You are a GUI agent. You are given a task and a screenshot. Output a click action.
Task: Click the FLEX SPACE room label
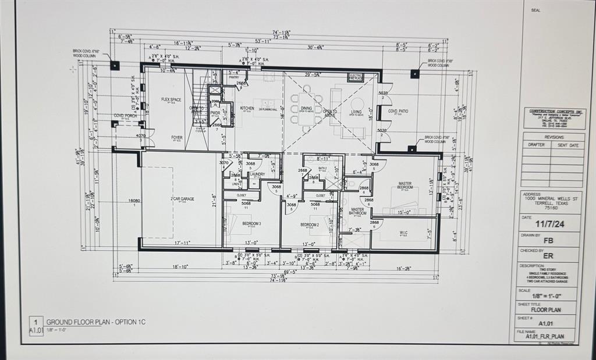click(x=171, y=99)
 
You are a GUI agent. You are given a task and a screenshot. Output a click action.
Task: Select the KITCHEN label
click(x=247, y=108)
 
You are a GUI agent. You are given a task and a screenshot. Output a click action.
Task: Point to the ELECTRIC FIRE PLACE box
click(x=356, y=76)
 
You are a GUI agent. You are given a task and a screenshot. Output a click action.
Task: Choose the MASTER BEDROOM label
click(x=405, y=185)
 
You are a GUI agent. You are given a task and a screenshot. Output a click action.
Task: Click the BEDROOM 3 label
click(x=252, y=224)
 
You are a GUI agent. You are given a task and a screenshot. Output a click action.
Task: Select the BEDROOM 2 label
click(x=309, y=224)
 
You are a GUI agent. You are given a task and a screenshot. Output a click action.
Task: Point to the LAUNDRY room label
click(x=257, y=174)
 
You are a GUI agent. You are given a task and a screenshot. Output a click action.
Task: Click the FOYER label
click(x=176, y=138)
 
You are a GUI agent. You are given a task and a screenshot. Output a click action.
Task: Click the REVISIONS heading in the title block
click(x=554, y=137)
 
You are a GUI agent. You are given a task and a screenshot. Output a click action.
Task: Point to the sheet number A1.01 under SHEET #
click(x=545, y=323)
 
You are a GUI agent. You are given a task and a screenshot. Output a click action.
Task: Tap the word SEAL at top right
click(x=535, y=10)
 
